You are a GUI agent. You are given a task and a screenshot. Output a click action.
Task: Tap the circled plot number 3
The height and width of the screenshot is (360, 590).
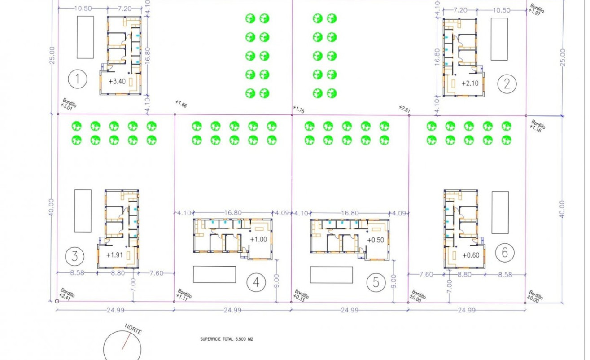pos(74,256)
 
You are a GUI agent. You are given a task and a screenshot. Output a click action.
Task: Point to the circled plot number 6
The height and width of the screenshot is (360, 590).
pos(505,253)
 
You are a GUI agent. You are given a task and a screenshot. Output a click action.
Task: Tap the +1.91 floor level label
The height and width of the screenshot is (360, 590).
pos(114,255)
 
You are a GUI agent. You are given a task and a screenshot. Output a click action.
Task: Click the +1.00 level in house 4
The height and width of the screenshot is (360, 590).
pos(258,239)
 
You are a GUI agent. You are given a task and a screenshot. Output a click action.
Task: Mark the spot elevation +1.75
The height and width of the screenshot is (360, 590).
pos(299,109)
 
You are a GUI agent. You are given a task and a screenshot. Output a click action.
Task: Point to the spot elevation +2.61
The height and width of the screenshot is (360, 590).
pos(405,108)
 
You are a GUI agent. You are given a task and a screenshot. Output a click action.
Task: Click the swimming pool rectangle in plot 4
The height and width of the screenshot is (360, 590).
pos(214,274)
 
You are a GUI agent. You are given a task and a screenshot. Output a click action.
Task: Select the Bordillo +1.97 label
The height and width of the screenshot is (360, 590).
pos(537,9)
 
